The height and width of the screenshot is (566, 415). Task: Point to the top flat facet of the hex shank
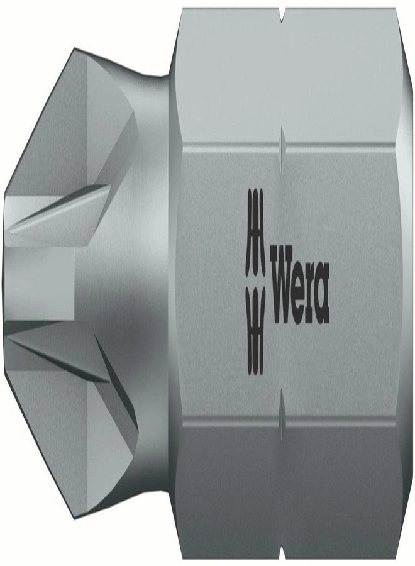point(289,69)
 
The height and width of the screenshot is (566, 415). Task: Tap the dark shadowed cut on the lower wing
point(123,402)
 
